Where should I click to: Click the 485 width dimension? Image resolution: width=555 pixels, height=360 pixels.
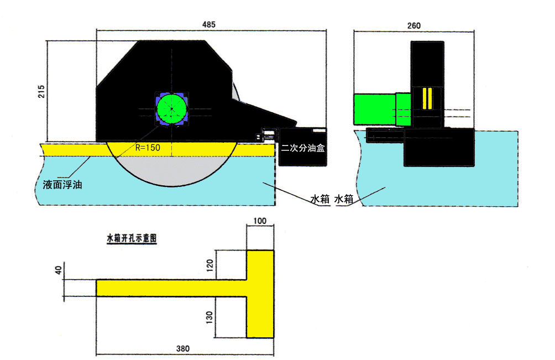[208, 24]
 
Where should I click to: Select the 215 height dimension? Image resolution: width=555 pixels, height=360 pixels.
[42, 91]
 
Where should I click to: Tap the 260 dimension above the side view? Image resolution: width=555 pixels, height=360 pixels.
[414, 25]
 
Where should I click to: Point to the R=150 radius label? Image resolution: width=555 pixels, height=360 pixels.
[148, 148]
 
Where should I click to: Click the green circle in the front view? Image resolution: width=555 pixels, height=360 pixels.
[172, 109]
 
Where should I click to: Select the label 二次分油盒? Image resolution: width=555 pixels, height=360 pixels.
[302, 148]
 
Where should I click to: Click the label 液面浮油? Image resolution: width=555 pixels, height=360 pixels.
[62, 185]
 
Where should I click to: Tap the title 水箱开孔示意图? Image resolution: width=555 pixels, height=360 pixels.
[132, 238]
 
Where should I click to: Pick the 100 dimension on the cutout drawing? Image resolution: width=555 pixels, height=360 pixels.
[260, 221]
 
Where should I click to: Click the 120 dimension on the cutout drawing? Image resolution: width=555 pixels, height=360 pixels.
[210, 265]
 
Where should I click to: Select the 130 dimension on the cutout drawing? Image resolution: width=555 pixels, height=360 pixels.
[210, 317]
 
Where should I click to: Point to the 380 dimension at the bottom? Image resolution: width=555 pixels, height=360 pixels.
[182, 349]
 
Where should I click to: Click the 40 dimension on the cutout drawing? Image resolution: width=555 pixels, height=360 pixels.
[59, 270]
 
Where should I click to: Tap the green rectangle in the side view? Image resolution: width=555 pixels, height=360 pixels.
[375, 109]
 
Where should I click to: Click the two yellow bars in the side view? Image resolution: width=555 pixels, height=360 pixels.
[427, 98]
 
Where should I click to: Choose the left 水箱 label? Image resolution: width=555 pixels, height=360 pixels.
[320, 199]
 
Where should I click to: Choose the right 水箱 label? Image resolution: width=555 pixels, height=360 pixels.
[344, 199]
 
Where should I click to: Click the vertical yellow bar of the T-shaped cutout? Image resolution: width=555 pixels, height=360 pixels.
[260, 294]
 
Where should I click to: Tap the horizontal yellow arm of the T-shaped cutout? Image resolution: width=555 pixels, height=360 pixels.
[172, 288]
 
